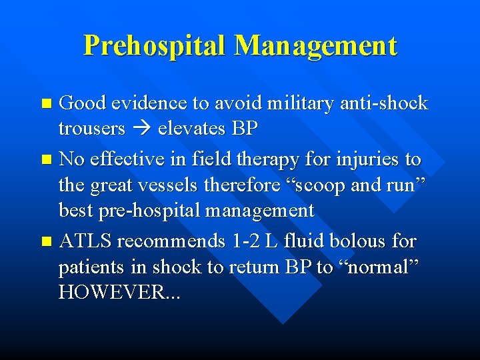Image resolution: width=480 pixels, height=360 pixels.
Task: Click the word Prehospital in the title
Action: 156,45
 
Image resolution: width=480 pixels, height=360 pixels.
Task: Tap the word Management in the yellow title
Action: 316,45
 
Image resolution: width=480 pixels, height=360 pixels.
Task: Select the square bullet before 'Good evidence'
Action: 46,104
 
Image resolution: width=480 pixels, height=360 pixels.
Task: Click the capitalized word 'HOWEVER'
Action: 114,292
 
